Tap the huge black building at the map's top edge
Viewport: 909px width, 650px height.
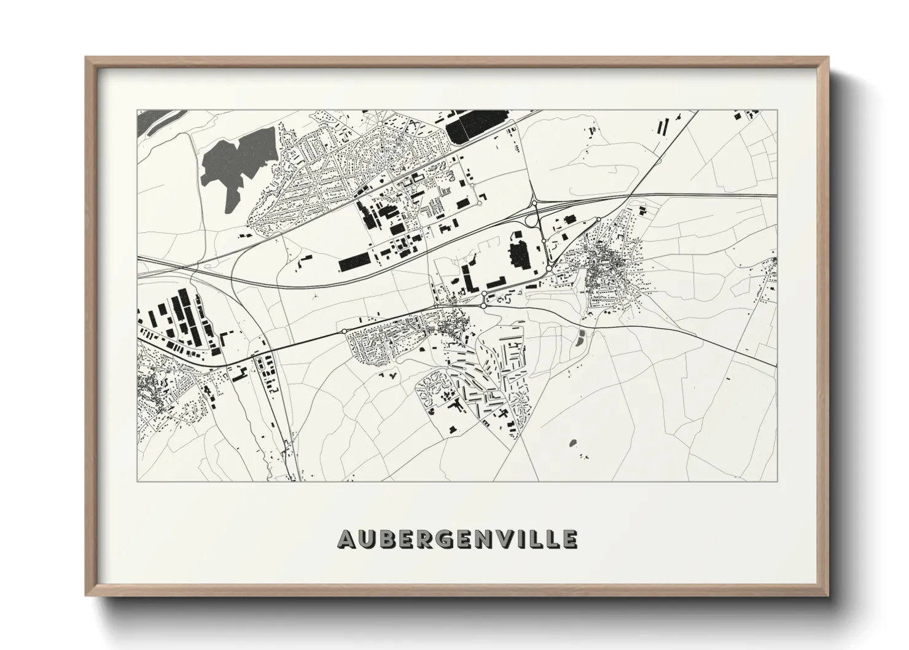click(470, 128)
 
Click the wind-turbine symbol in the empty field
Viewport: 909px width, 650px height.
click(314, 296)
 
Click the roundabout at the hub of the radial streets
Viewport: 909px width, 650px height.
click(380, 124)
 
